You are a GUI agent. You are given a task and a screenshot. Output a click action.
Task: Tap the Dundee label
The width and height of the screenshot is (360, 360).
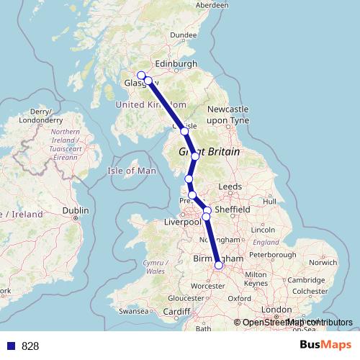point(184,35)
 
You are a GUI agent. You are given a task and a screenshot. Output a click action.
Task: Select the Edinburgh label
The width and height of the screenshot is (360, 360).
point(176,64)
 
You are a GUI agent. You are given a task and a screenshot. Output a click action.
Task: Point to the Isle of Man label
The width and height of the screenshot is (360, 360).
point(131,171)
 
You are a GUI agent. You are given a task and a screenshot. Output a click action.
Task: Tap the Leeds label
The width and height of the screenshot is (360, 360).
point(230,186)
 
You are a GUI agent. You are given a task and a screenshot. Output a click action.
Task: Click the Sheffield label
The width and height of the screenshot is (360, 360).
point(232,210)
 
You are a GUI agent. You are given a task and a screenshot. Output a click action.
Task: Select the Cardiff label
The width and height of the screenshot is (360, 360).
point(176,312)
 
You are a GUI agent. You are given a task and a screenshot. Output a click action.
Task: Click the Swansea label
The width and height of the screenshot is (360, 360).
point(134,312)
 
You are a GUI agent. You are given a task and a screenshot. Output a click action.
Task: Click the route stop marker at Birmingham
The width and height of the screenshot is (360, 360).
point(219,265)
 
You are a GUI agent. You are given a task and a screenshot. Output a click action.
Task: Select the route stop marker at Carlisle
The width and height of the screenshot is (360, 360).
point(184,132)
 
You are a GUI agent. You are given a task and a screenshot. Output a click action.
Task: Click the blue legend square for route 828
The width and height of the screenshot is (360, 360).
point(11,346)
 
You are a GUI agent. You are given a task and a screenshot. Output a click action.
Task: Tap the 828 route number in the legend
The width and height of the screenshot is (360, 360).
point(30,346)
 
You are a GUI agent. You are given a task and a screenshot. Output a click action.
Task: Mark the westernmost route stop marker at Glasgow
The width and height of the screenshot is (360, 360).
point(141,76)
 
